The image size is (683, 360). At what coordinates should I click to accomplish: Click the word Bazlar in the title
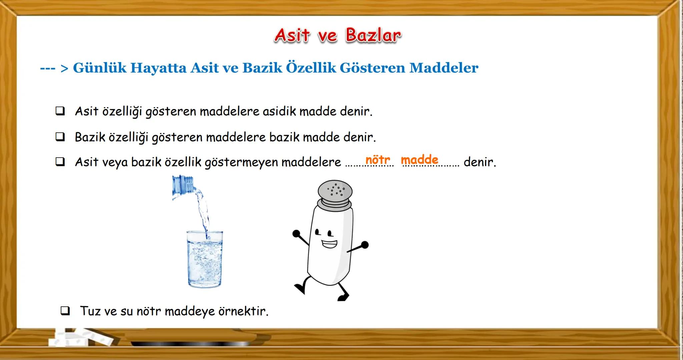coord(373,35)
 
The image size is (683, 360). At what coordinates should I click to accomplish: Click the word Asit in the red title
coord(292,35)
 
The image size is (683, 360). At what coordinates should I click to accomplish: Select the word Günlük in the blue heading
coord(99,68)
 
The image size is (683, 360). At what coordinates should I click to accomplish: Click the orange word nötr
coord(378,160)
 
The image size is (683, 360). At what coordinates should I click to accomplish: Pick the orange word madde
coord(419,160)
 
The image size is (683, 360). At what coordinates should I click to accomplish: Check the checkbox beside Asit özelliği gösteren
coord(60,111)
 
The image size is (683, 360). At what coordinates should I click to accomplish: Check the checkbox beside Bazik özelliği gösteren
coord(60,137)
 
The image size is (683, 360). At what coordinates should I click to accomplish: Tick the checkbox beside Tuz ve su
coord(65,311)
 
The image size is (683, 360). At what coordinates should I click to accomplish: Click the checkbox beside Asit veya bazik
coord(60,162)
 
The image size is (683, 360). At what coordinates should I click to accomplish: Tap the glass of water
coord(204,260)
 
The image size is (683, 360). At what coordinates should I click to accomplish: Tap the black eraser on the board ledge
coord(190,343)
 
